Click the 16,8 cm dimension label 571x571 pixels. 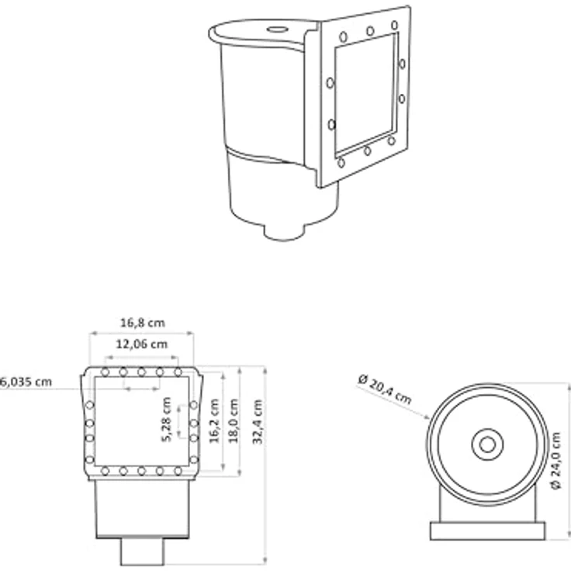click(143, 323)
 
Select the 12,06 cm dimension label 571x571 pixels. click(142, 344)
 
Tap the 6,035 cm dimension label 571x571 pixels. click(26, 382)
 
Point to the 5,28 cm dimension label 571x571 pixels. click(166, 420)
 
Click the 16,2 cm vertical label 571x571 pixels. click(214, 421)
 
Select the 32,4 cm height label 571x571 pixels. click(258, 422)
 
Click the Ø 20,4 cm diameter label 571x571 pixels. click(385, 389)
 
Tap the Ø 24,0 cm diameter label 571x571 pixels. click(555, 461)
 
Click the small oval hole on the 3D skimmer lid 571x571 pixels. click(278, 29)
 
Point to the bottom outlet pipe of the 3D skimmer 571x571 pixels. click(284, 231)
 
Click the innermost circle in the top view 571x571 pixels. click(487, 445)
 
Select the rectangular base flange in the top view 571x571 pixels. click(488, 531)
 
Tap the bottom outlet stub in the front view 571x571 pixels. click(142, 552)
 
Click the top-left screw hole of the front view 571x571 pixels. click(105, 372)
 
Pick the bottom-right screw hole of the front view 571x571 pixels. click(178, 471)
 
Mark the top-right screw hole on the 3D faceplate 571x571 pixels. click(394, 25)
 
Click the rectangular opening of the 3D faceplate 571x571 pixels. click(365, 94)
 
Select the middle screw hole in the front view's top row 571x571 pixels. click(141, 372)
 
